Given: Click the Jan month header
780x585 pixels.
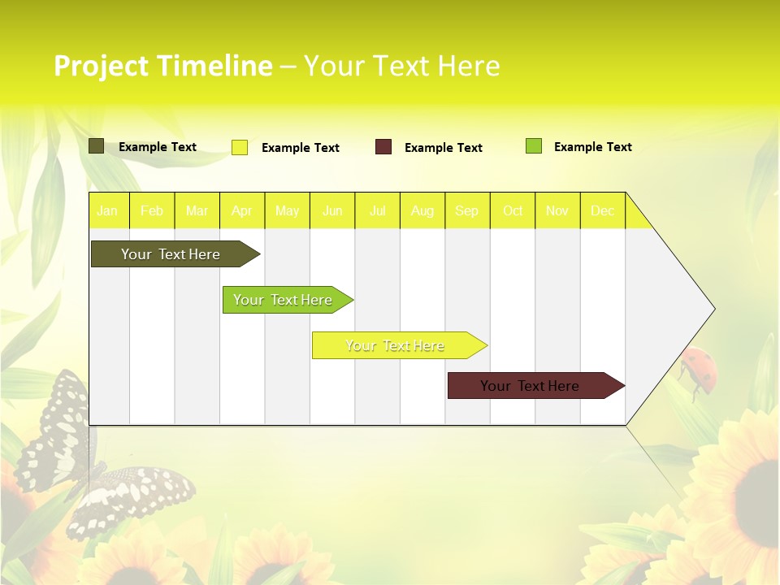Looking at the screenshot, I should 107,210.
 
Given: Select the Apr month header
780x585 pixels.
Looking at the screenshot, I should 241,210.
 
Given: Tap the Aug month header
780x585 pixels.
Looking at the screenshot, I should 422,210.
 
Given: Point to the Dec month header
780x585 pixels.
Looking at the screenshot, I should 602,210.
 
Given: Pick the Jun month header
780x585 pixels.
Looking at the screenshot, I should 332,210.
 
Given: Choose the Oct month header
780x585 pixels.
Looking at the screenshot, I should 513,210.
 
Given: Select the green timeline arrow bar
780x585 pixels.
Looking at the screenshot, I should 284,300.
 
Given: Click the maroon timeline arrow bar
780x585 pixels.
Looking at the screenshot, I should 532,386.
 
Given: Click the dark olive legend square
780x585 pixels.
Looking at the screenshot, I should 97,146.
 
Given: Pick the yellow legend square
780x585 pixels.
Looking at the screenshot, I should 240,147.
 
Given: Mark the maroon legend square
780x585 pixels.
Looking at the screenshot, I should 383,147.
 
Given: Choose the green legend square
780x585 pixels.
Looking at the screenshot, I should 534,146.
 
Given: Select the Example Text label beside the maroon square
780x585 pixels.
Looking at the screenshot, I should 444,148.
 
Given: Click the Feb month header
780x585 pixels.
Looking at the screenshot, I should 152,210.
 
